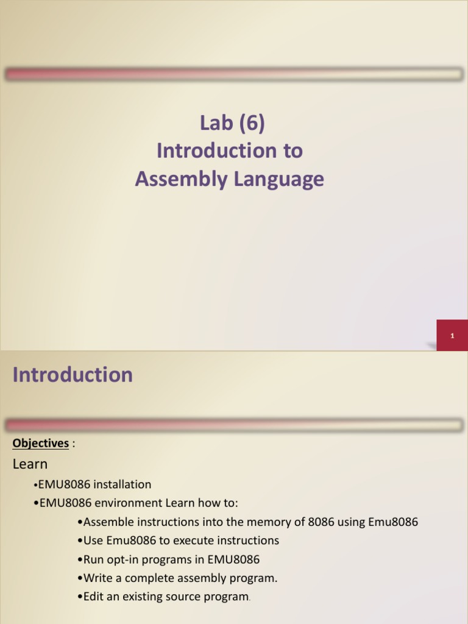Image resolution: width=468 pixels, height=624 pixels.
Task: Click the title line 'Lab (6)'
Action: (x=232, y=123)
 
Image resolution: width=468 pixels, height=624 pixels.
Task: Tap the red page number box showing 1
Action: (x=452, y=336)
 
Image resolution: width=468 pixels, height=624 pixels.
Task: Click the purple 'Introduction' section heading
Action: (x=73, y=375)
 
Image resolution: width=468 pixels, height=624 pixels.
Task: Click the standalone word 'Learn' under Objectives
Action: (x=30, y=464)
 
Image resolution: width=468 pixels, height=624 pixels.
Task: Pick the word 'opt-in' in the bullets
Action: (x=121, y=559)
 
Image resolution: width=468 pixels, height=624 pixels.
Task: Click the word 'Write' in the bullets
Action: (x=97, y=578)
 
